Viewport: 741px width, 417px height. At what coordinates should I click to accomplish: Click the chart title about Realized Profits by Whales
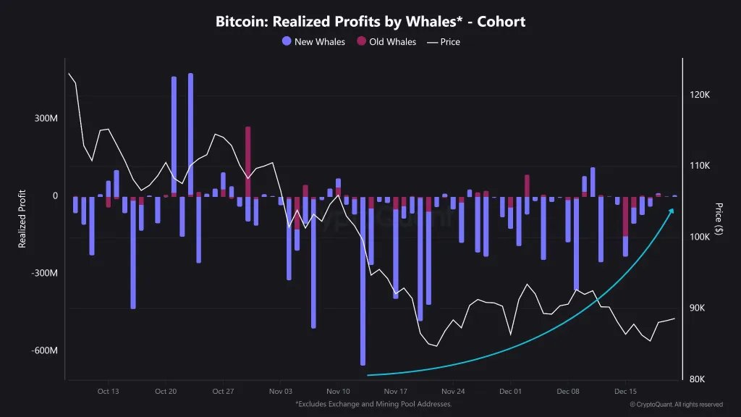[370, 22]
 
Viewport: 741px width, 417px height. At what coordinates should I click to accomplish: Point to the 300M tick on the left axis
[46, 119]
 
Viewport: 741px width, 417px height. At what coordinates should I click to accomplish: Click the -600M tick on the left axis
[44, 351]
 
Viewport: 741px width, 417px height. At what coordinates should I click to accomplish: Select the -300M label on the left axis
[44, 274]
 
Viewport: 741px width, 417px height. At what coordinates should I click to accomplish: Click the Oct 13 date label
[108, 390]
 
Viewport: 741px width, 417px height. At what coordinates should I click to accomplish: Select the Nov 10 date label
[338, 390]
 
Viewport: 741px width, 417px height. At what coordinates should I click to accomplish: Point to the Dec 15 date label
[625, 390]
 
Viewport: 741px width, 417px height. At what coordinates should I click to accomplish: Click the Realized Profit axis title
[22, 219]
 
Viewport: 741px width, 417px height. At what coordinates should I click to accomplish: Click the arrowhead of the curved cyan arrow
[672, 211]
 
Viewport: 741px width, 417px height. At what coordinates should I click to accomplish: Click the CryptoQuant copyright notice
[676, 405]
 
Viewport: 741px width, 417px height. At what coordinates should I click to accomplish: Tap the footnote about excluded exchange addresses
[373, 404]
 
